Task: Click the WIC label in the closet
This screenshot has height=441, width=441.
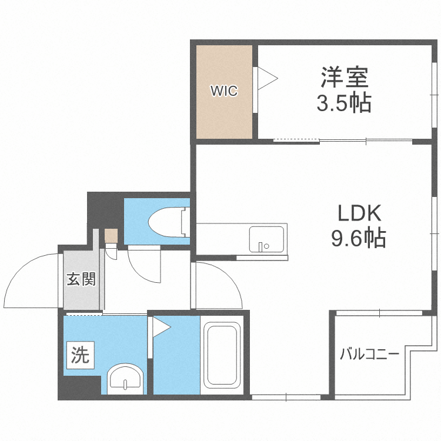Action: [224, 91]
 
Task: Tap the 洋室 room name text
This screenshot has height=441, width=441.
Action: [345, 77]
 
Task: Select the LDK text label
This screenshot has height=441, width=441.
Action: [359, 213]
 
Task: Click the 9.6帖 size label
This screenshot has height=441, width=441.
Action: [359, 238]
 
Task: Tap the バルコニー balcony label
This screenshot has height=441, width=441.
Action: [370, 354]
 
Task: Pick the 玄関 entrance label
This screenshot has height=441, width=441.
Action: [81, 279]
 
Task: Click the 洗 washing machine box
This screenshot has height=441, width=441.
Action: [80, 355]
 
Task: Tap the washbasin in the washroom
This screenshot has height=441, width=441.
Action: [125, 379]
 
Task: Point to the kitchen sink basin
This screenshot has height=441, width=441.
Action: [266, 239]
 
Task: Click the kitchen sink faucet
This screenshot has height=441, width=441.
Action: [261, 246]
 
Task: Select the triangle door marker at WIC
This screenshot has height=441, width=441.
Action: [268, 78]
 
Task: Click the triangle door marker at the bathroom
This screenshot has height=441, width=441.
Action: [162, 327]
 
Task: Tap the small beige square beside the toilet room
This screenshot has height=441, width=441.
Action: [111, 236]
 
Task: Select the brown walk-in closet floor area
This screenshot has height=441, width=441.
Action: [224, 92]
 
